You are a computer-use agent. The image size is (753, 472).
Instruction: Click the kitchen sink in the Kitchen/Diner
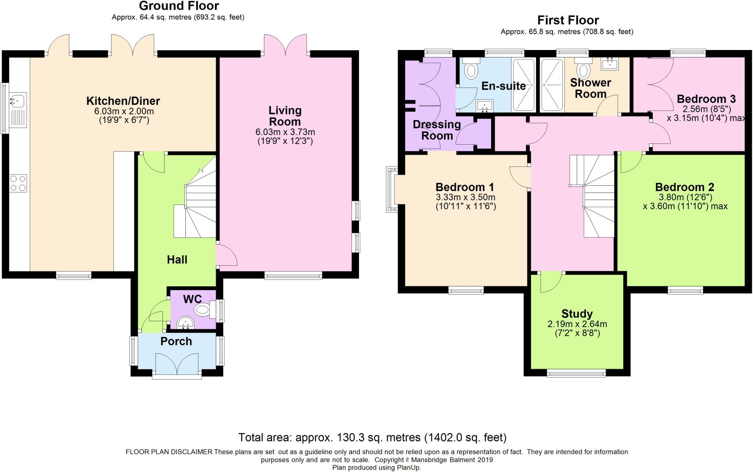point(18,99)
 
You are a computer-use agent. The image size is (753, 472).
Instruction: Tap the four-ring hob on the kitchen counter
point(18,183)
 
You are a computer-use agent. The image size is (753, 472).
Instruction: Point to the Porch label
point(176,341)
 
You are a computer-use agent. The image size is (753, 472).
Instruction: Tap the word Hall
point(177,260)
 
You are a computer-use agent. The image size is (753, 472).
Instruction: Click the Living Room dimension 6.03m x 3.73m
point(285,132)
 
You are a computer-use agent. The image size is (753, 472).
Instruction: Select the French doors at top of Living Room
point(285,46)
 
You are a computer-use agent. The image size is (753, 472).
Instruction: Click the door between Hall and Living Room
point(226,255)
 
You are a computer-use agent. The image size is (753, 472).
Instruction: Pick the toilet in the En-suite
point(471,70)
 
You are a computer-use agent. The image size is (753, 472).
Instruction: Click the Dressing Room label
point(437,130)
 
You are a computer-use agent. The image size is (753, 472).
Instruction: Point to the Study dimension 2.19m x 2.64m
point(577,324)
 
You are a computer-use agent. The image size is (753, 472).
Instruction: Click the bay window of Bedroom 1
point(392,189)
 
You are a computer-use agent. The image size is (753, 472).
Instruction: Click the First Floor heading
point(568,20)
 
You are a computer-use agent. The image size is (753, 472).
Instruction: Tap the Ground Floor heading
point(179,6)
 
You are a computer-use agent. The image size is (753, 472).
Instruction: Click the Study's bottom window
point(576,373)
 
